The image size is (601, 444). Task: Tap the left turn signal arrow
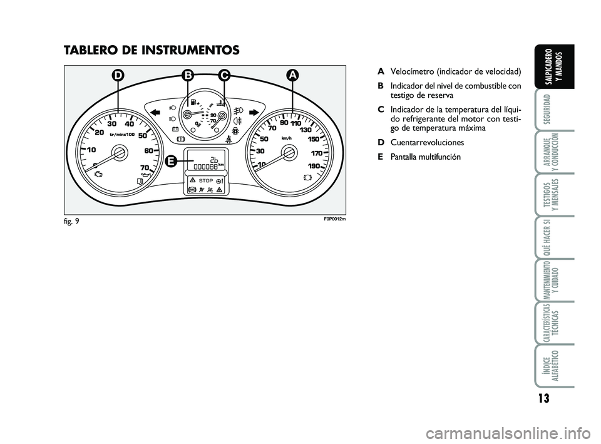pos(155,112)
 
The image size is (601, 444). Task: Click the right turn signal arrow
pos(254,112)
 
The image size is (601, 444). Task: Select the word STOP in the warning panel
pos(206,180)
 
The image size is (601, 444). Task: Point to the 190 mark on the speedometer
pos(314,167)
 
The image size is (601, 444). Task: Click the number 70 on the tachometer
pos(145,167)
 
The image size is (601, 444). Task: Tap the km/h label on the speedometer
pos(286,138)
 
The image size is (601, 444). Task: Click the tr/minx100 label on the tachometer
pos(122,135)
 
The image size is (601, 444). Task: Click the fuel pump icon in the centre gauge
pos(193,102)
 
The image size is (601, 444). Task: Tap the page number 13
pos(543,398)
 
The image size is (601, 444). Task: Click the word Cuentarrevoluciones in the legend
pos(428,143)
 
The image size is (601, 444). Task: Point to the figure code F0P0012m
pos(334,220)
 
